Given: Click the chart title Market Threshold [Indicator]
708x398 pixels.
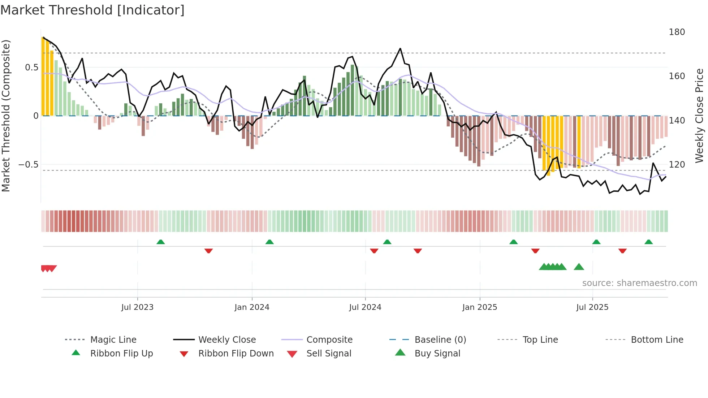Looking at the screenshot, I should point(92,10).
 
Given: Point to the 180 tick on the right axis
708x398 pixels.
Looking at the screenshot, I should point(677,32).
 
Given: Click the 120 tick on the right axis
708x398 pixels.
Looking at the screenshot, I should point(677,165).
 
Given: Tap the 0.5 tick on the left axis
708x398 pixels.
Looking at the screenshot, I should point(31,68).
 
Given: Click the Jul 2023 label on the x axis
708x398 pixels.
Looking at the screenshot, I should point(137,307).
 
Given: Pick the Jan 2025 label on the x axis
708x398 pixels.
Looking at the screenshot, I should point(479,307).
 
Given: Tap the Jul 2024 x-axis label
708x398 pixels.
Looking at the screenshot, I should point(365,307).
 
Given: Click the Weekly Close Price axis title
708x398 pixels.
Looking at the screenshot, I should point(699,116).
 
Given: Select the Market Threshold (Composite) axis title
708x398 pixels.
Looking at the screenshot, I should point(6,116).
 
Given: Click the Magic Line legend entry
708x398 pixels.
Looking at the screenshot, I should point(113,340).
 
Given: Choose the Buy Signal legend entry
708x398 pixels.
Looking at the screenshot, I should point(437,354).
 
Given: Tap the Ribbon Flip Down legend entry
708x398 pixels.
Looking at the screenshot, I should point(236,354).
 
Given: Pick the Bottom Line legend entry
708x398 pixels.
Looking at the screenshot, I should point(657,340).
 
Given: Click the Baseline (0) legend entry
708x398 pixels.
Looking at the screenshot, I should point(440,340).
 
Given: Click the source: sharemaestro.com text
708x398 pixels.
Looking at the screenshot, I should point(639,283).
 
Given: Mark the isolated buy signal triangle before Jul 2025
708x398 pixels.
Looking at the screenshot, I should point(579,267).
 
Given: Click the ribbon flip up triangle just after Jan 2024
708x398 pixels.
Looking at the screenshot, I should point(269,242).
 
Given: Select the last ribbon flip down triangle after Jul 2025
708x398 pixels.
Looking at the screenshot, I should point(622,251).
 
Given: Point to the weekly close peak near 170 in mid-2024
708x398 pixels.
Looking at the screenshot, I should point(400,48).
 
